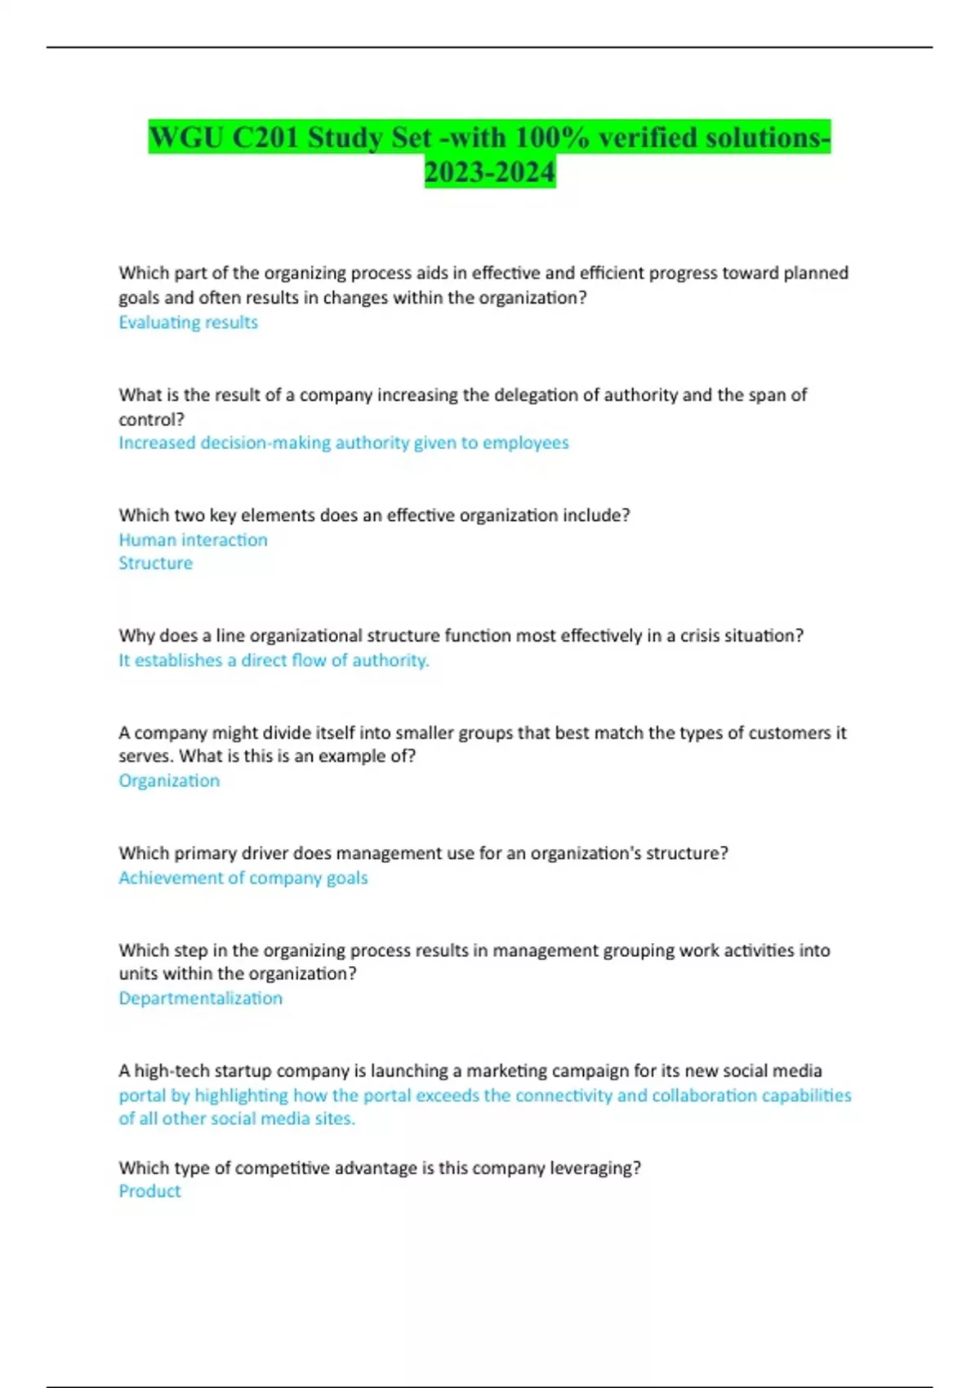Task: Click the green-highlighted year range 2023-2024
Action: (x=490, y=172)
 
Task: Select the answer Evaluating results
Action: (x=188, y=323)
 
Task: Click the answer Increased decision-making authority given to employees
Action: (x=343, y=443)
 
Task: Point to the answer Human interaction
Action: (x=193, y=540)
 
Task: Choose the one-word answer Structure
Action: (x=155, y=563)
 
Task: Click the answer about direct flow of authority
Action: (x=274, y=661)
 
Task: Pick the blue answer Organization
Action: (x=169, y=781)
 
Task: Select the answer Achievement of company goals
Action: (x=243, y=878)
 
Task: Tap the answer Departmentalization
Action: (x=200, y=998)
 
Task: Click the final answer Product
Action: (x=149, y=1191)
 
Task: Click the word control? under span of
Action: (x=151, y=420)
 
